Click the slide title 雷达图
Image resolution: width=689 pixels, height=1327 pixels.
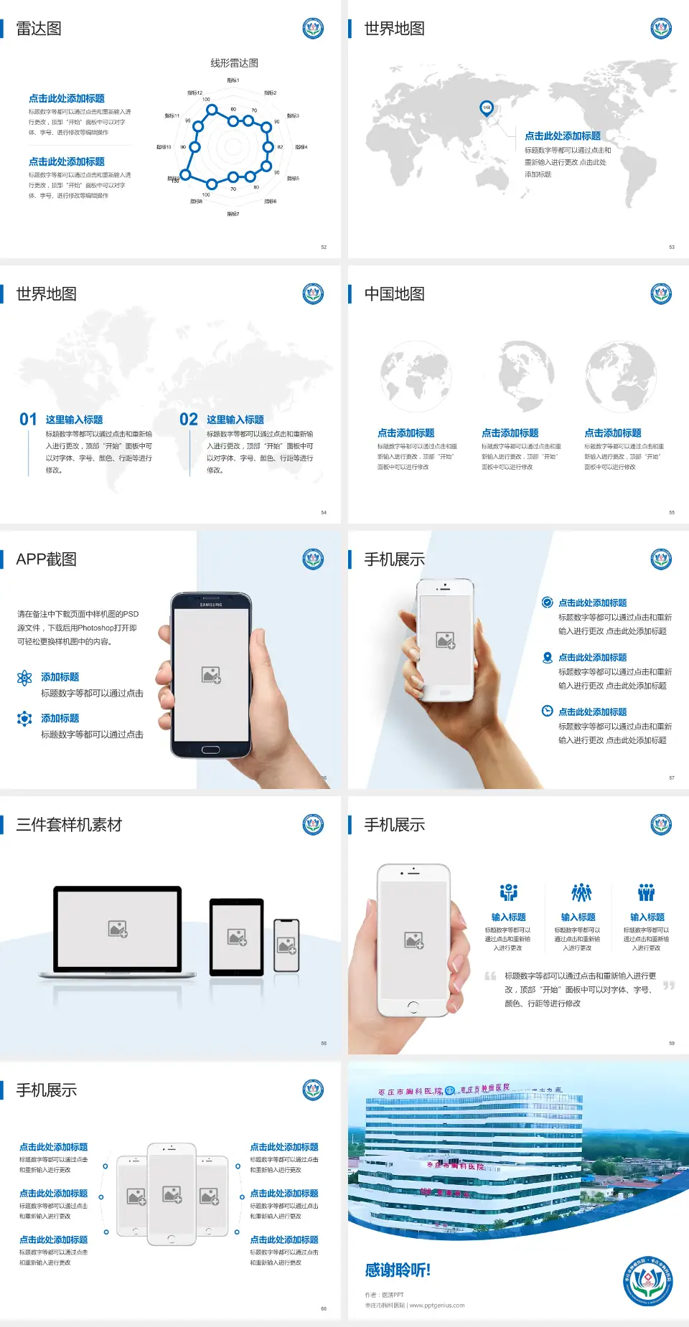[x=39, y=29]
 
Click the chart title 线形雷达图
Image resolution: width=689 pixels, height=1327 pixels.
[x=234, y=63]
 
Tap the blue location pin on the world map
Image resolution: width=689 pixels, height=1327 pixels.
[x=487, y=108]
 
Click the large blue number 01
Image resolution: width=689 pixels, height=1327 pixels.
[x=28, y=420]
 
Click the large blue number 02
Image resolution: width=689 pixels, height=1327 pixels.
[x=189, y=420]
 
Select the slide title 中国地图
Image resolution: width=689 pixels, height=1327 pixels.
[x=394, y=294]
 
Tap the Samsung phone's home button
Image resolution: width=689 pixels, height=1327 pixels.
[x=210, y=750]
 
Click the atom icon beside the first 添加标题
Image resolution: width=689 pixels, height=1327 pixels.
[x=24, y=678]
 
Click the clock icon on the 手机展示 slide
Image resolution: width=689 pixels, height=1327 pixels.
[x=547, y=711]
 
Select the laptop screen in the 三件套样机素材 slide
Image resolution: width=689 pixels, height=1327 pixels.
[x=118, y=929]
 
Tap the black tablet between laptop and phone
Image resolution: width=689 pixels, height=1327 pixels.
[x=237, y=936]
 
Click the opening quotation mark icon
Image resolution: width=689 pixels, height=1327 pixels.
[x=490, y=976]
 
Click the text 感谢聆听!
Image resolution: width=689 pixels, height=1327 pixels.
[x=398, y=1270]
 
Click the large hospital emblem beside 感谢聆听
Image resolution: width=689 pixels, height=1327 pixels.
[x=648, y=1281]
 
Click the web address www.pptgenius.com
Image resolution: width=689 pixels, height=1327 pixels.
[x=437, y=1305]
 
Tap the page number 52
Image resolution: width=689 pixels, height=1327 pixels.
[x=324, y=247]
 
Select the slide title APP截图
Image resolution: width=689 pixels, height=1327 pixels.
[x=47, y=559]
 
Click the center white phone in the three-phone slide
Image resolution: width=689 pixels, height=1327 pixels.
[x=172, y=1194]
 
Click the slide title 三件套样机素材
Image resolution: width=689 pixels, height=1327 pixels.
[x=69, y=825]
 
